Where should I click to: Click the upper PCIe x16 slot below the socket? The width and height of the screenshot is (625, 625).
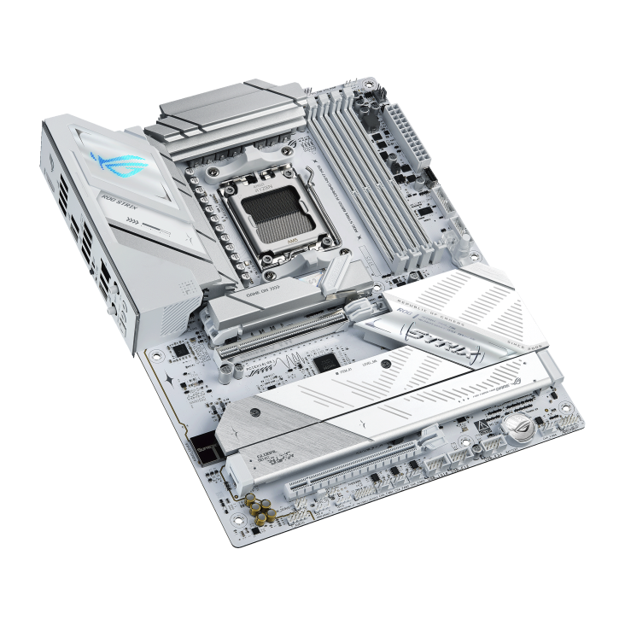pos(282,333)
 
